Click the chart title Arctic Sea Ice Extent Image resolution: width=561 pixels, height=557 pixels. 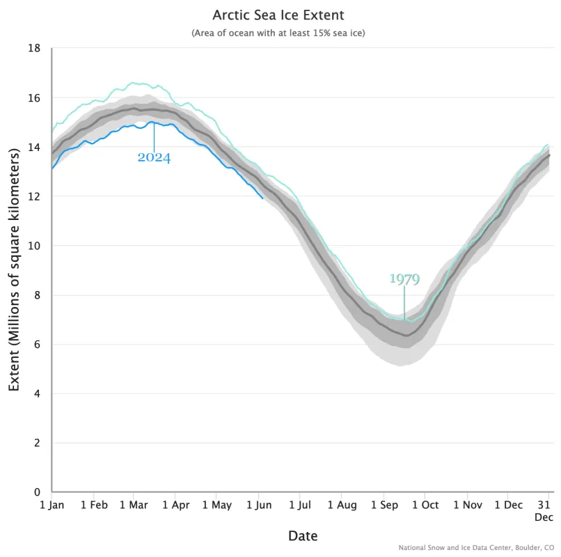pos(278,15)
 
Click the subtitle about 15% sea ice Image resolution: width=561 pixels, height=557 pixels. pos(278,33)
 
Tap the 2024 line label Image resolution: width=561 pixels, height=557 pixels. pos(154,157)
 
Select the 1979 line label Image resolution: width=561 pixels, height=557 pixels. pos(404,279)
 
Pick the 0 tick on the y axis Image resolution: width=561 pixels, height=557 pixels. pos(38,492)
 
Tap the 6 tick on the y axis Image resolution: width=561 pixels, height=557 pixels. pos(38,345)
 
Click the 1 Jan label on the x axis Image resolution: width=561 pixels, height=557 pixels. pos(52,505)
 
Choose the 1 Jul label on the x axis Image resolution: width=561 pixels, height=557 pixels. pos(300,505)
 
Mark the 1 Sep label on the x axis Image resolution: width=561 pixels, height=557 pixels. pos(384,505)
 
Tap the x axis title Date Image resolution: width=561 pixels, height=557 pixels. pos(303,535)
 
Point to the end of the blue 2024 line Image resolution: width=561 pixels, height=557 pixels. pos(263,198)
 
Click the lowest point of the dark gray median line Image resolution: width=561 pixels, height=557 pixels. pos(406,336)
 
